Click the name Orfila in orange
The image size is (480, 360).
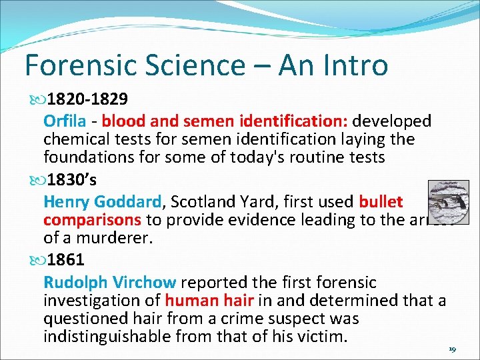click(x=65, y=121)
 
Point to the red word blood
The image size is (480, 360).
click(x=121, y=121)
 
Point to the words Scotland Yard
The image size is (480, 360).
click(x=221, y=201)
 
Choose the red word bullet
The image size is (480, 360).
click(x=381, y=201)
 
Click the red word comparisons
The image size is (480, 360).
click(x=92, y=219)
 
